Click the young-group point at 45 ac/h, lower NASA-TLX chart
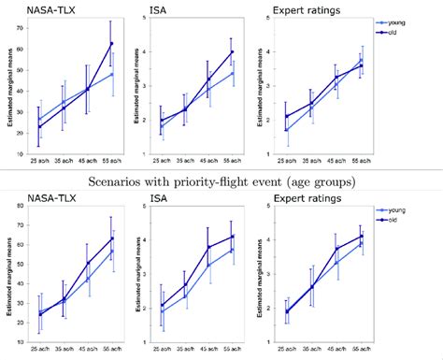pos(88,279)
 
